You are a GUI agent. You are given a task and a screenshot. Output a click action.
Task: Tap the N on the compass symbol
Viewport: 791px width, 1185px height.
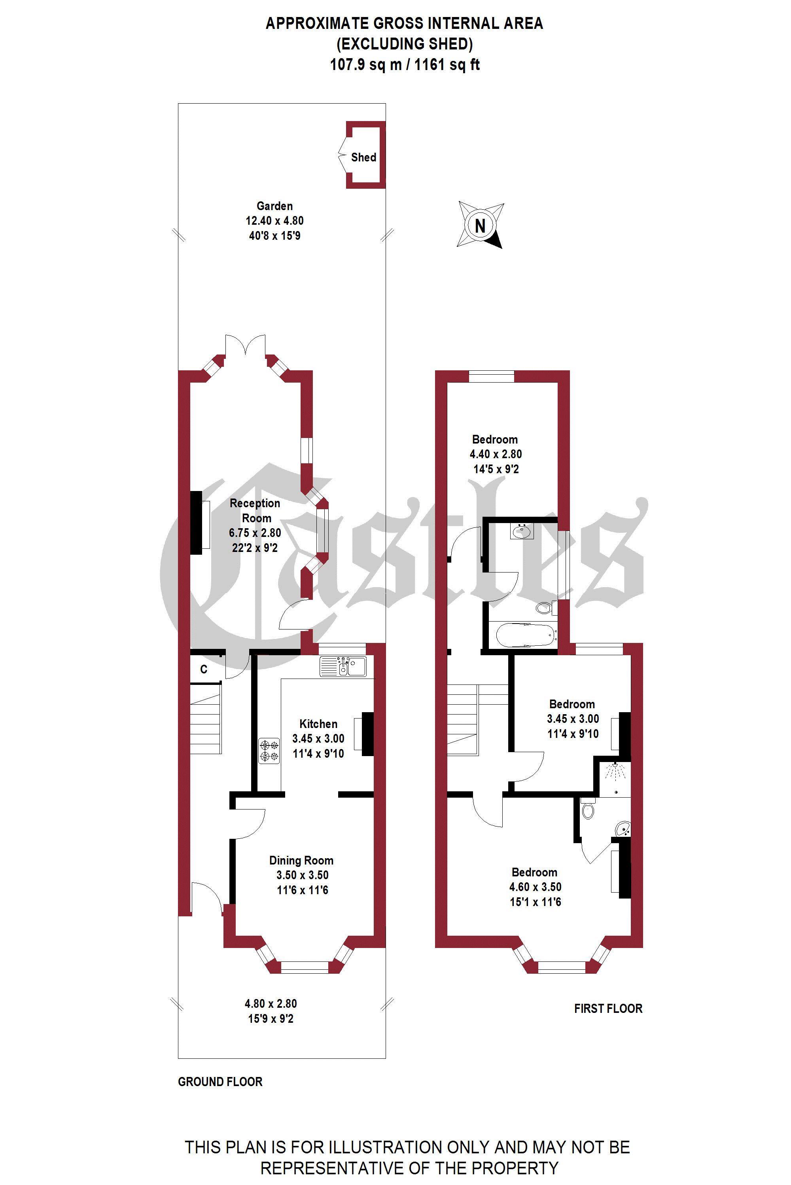pyautogui.click(x=480, y=226)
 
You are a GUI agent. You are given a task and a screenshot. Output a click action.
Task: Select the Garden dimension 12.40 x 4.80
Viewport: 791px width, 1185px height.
pyautogui.click(x=274, y=220)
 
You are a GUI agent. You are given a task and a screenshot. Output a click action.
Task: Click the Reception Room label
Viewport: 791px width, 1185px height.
pyautogui.click(x=255, y=510)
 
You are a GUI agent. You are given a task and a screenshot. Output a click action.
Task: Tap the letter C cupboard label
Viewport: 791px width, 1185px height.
pyautogui.click(x=204, y=669)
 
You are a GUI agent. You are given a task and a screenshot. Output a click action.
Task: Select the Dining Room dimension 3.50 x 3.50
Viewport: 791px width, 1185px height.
pyautogui.click(x=302, y=875)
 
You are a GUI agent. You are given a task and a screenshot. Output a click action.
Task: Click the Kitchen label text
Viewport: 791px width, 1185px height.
pyautogui.click(x=318, y=724)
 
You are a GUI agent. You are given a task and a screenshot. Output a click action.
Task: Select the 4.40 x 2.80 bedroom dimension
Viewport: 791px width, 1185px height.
pyautogui.click(x=496, y=454)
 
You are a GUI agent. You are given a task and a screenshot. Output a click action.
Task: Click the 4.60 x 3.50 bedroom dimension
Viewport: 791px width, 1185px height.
pyautogui.click(x=535, y=887)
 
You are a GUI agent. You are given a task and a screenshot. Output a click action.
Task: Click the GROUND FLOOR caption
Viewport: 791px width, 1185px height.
pyautogui.click(x=220, y=1082)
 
